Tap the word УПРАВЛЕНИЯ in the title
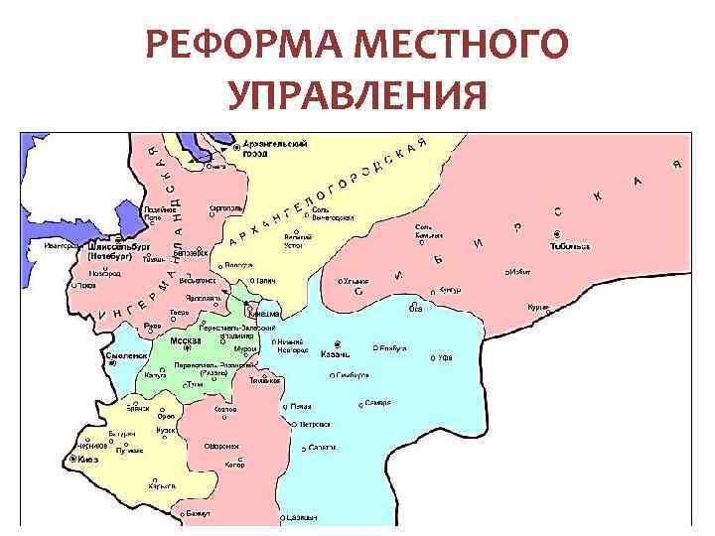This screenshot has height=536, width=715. click(357, 96)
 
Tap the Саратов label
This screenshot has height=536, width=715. click(323, 449)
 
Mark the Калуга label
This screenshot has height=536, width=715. click(156, 376)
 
